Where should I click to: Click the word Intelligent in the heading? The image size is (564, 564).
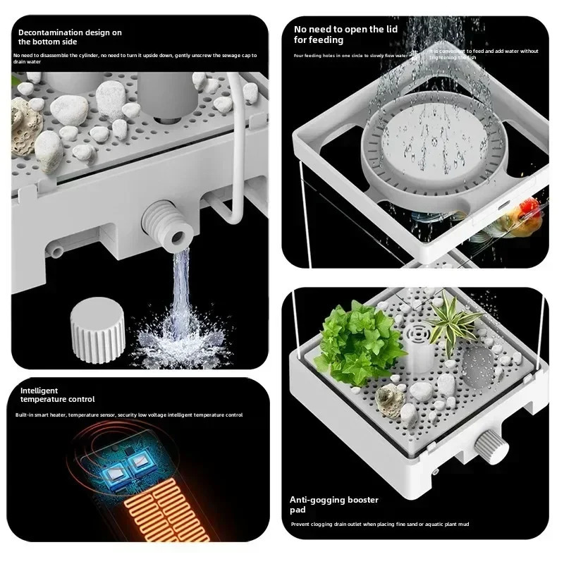click(x=39, y=390)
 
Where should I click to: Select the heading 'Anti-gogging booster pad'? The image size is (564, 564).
click(x=334, y=504)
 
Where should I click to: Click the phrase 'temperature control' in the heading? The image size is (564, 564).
click(x=56, y=400)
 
